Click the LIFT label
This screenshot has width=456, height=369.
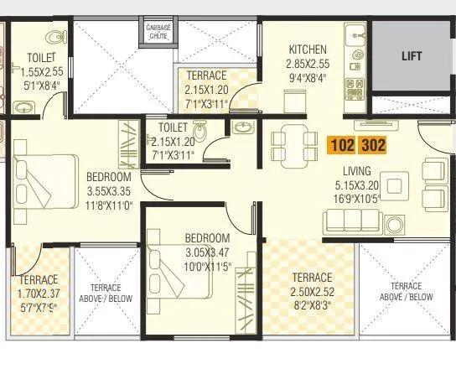412,57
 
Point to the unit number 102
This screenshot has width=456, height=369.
342,145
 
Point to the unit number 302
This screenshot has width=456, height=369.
373,145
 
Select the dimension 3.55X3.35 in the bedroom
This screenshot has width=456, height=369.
109,190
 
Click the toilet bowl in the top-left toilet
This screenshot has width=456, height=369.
53,38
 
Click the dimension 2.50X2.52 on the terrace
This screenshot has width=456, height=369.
312,291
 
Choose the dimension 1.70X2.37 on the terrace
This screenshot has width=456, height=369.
39,293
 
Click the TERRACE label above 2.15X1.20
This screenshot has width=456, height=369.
206,75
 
